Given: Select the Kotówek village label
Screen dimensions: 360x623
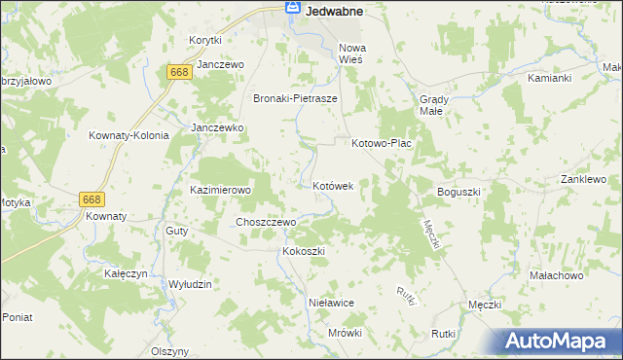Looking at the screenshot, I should [339, 185].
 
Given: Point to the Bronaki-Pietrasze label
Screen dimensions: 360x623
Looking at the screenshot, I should [295, 98].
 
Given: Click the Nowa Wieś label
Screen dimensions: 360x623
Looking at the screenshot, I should [350, 53].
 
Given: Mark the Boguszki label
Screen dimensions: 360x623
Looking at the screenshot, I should [459, 193].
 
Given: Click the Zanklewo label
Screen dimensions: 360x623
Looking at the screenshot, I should [583, 180].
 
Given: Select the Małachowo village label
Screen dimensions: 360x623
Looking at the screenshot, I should [555, 276].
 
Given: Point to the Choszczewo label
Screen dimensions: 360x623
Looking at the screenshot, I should [265, 222].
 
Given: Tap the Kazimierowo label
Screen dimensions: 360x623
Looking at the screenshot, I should [221, 190].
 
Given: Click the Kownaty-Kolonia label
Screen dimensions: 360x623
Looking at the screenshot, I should [128, 136].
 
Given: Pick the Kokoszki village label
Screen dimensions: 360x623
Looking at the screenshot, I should [303, 251].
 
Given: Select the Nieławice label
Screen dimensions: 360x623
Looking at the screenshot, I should [330, 303].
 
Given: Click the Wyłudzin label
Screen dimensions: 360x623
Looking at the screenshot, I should [190, 283].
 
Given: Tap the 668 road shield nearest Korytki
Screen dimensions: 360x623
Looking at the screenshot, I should [178, 73].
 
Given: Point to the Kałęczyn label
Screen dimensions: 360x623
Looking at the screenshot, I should [126, 274].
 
